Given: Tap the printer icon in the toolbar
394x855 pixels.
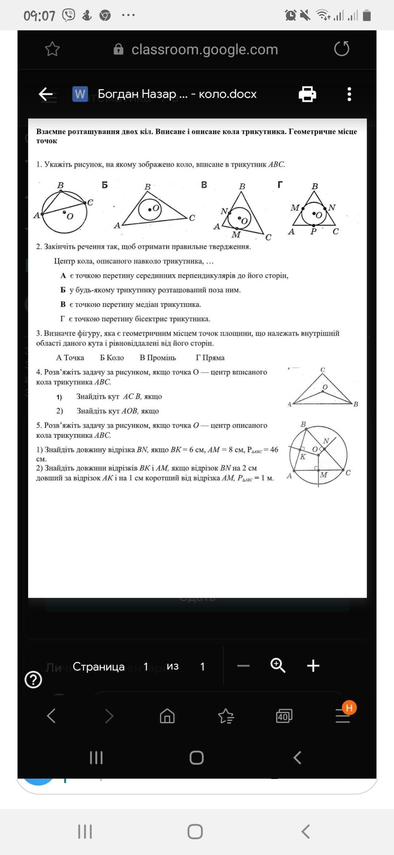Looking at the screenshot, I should tap(307, 94).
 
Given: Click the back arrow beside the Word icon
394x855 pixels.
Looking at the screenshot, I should tap(46, 94).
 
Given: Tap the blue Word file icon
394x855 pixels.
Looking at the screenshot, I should tap(80, 94).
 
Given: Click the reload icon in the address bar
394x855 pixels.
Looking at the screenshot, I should tap(341, 49).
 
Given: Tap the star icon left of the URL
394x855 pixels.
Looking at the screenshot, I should tap(52, 49).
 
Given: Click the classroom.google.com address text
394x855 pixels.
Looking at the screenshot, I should tap(205, 49).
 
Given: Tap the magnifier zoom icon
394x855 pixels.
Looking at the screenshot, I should tap(278, 665).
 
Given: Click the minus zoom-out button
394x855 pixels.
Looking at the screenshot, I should tap(243, 666).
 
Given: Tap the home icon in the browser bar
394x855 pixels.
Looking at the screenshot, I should tap(167, 716).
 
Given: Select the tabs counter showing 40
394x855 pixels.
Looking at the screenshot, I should tap(284, 716).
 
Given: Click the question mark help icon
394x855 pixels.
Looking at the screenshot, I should tap(33, 680).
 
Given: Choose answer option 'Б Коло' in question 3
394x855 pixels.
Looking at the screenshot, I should tap(112, 358).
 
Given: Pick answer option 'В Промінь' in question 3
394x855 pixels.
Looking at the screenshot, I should tap(158, 358).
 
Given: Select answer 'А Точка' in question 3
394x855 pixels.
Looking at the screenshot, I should tap(70, 358).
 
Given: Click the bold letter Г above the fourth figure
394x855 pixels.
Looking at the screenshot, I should tap(280, 185).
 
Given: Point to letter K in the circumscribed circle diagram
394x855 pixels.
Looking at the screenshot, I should tap(302, 457).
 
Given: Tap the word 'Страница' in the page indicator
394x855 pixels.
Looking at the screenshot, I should tap(98, 666).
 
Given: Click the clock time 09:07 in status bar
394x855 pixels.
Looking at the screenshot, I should tap(39, 16).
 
